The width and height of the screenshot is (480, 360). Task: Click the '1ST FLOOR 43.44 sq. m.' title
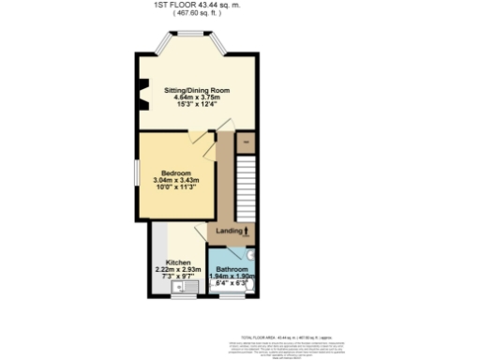(196, 5)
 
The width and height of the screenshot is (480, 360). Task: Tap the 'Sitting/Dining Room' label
(197, 91)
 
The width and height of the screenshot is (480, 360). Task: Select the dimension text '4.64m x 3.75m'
(197, 97)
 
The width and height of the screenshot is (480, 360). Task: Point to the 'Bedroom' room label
(176, 173)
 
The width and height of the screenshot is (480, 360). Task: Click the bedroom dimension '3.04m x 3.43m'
(176, 180)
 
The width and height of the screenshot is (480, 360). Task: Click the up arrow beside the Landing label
(247, 230)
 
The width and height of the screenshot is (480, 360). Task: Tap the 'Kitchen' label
(178, 262)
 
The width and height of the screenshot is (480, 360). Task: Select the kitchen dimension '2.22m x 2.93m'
(178, 270)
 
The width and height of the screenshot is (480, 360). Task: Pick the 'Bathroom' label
(232, 269)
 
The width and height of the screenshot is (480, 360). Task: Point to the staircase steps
(246, 183)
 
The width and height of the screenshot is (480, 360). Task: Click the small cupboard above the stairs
(245, 142)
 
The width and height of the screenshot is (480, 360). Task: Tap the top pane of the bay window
(197, 37)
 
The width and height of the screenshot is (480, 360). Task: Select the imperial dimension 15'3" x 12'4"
(197, 105)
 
